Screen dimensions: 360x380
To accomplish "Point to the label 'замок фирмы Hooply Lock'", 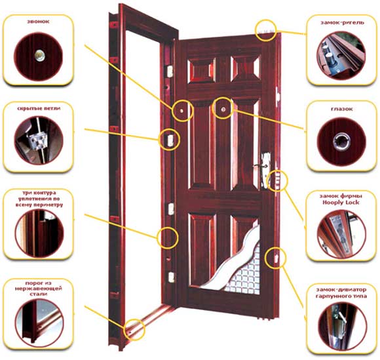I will tap(341, 199).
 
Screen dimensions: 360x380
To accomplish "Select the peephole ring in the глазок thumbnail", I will tap(342, 140).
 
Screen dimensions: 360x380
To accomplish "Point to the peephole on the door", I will tap(223, 106).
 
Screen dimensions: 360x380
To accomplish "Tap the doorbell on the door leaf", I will tap(182, 111).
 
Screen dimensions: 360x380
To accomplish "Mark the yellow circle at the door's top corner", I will tap(266, 30).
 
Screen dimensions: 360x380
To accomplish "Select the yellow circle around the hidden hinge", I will tap(169, 139).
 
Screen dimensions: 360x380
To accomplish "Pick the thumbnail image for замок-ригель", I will tap(341, 56).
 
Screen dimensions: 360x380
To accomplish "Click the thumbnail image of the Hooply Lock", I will tap(341, 233).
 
